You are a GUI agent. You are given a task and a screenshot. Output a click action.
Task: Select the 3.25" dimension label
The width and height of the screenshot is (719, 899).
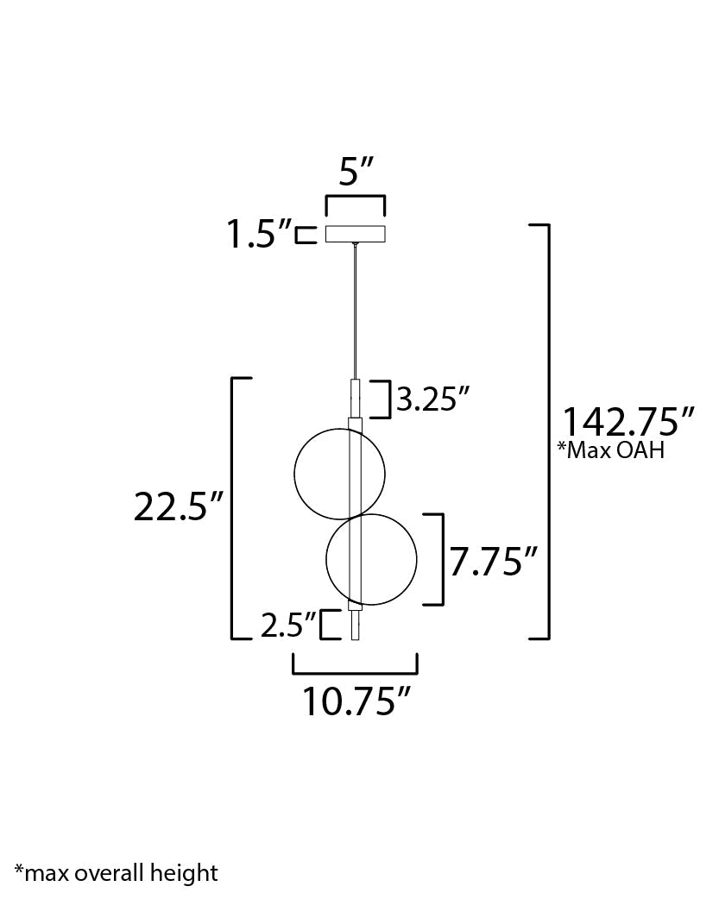433,399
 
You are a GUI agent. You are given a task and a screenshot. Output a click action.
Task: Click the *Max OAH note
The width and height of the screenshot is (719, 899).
611,450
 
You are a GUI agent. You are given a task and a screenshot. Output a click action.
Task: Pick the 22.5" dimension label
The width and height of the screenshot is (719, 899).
178,506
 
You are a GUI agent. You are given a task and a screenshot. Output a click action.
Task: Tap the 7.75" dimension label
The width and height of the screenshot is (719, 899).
494,561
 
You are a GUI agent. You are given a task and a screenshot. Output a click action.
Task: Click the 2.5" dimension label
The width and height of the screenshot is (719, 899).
288,625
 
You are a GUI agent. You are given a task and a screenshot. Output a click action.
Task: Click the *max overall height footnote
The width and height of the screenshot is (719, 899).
117,872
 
